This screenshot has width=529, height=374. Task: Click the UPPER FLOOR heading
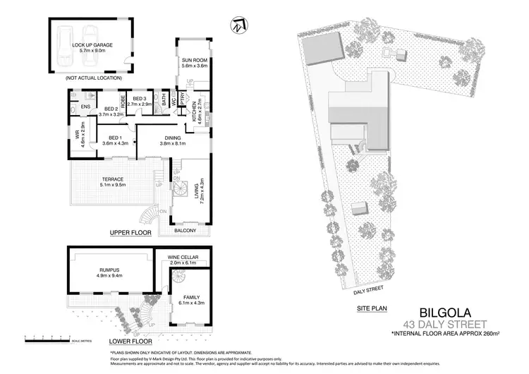(130, 232)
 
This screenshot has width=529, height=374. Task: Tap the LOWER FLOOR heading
(130, 330)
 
